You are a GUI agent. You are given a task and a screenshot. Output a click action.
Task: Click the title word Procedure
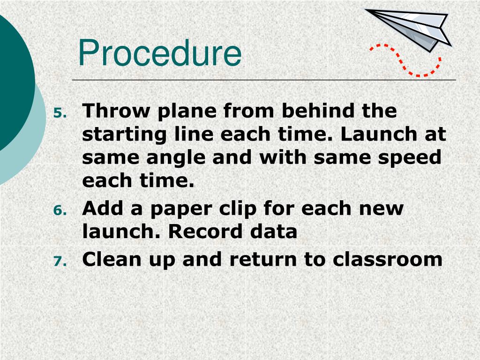click(x=159, y=53)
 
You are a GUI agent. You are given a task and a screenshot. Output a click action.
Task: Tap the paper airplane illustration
click(x=412, y=28)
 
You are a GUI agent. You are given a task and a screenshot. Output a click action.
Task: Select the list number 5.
click(x=60, y=113)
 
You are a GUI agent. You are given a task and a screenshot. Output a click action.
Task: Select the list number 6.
click(x=60, y=210)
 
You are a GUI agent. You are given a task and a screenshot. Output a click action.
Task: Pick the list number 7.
click(x=60, y=261)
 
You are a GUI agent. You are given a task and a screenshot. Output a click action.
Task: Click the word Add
click(x=103, y=208)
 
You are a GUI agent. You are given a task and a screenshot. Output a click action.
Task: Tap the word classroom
click(x=388, y=259)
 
